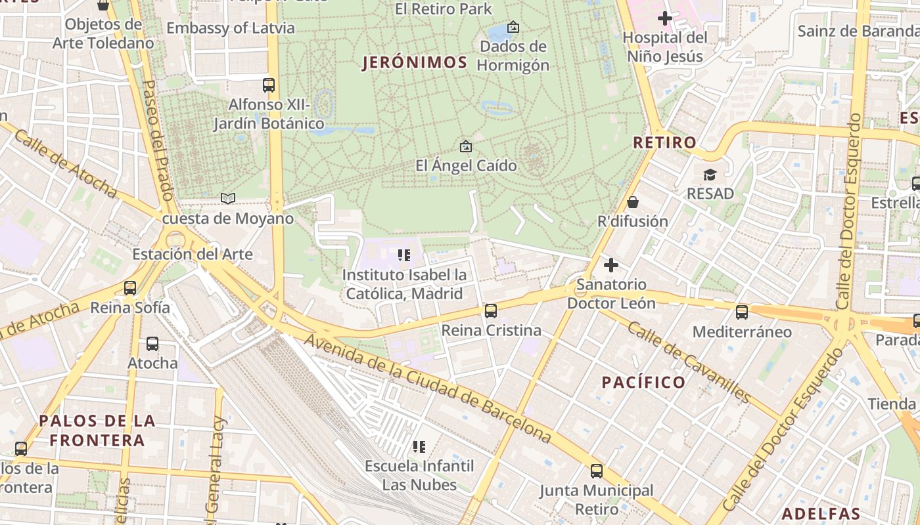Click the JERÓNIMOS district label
[x=415, y=63]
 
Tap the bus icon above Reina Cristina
[x=490, y=311]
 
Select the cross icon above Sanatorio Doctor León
[x=611, y=265]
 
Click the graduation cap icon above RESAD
[x=710, y=175]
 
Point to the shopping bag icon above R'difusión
[x=632, y=202]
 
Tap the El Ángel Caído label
[x=466, y=165]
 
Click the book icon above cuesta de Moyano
[x=228, y=198]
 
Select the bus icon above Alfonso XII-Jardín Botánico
[x=268, y=85]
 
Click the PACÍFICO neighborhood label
[x=643, y=382]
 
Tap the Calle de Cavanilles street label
[x=688, y=362]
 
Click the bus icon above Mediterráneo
[x=742, y=312]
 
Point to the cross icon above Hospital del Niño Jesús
[x=664, y=18]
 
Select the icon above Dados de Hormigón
[x=513, y=27]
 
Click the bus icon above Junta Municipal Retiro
[x=596, y=471]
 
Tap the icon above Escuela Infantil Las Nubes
[x=419, y=447]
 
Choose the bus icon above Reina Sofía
[x=130, y=287]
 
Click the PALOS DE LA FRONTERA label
[x=97, y=430]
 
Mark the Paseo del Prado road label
[x=157, y=140]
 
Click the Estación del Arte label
[x=192, y=254]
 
